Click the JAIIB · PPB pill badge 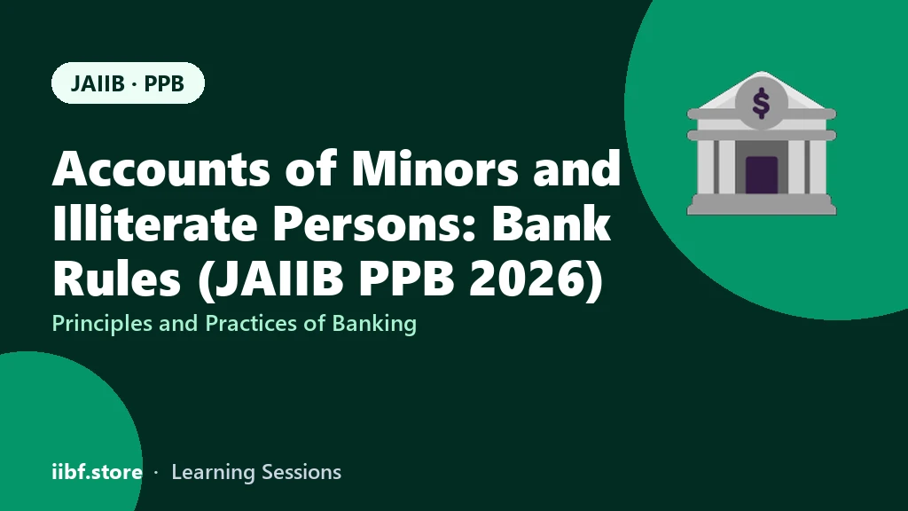pos(128,83)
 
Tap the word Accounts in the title pos(161,169)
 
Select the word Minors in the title pos(434,169)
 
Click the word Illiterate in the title pos(154,224)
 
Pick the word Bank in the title pos(552,224)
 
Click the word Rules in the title pos(116,279)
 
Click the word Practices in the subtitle pos(252,323)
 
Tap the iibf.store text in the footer pos(98,472)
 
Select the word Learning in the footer pos(213,473)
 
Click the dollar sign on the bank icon pos(761,104)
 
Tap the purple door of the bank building pos(762,175)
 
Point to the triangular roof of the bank pos(762,92)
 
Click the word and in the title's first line pos(576,169)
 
